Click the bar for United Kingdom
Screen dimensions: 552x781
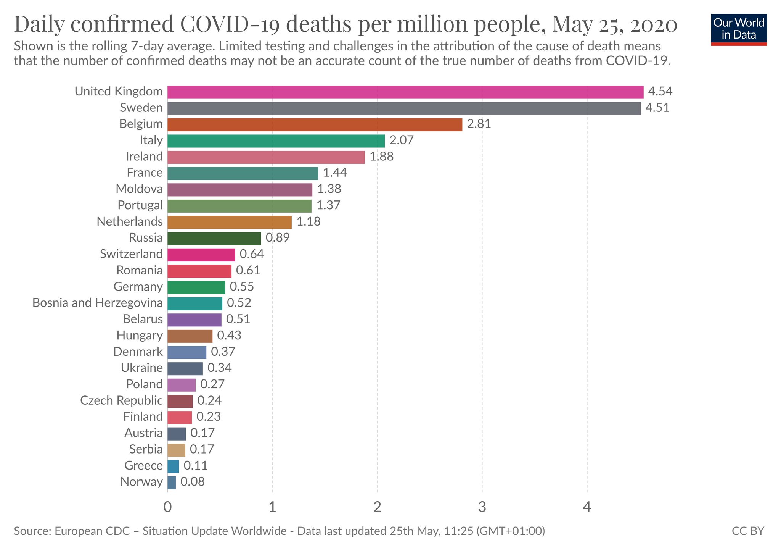pyautogui.click(x=405, y=92)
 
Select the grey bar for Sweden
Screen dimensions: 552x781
pyautogui.click(x=403, y=108)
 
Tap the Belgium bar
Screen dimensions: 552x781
pyautogui.click(x=315, y=124)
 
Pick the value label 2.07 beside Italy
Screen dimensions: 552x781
pyautogui.click(x=401, y=140)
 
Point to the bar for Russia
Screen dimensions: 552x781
pyautogui.click(x=214, y=238)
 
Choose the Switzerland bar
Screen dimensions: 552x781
pyautogui.click(x=201, y=255)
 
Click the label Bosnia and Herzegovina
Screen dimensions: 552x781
pyautogui.click(x=97, y=303)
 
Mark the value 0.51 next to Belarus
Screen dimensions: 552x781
pyautogui.click(x=238, y=319)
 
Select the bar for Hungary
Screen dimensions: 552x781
pyautogui.click(x=190, y=336)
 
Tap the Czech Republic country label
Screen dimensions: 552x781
pyautogui.click(x=121, y=400)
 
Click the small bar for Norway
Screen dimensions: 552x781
pyautogui.click(x=172, y=483)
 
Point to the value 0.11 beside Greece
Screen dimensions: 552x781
pyautogui.click(x=196, y=466)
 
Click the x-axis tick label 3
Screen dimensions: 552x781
pyautogui.click(x=482, y=507)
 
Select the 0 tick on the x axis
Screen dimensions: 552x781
pyautogui.click(x=167, y=507)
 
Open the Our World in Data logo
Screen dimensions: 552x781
pyautogui.click(x=739, y=29)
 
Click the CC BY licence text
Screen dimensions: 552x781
pyautogui.click(x=748, y=531)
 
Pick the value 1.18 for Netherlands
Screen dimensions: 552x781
pyautogui.click(x=309, y=222)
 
